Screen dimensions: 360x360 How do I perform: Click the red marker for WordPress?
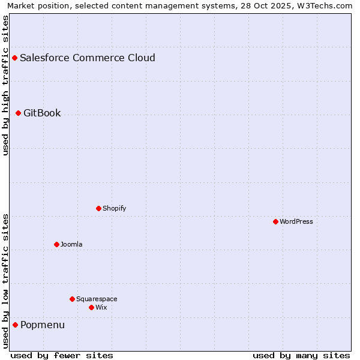point(275,221)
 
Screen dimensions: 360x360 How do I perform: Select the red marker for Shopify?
point(98,208)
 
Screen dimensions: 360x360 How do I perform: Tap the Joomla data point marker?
point(56,244)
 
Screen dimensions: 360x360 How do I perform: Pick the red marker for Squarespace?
point(72,299)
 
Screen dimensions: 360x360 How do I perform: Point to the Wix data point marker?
point(91,307)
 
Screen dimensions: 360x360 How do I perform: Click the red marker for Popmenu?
point(15,325)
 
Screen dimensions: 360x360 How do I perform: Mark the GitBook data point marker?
point(18,113)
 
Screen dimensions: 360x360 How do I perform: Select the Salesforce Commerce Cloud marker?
point(14,58)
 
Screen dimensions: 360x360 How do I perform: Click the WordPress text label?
point(296,221)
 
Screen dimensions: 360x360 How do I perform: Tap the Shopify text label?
point(114,208)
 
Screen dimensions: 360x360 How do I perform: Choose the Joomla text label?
point(71,244)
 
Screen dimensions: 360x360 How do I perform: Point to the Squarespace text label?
point(97,299)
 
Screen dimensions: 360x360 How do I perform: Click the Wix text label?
point(101,307)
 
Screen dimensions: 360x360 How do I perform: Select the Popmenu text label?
point(43,325)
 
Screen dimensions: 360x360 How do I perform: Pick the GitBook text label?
point(42,113)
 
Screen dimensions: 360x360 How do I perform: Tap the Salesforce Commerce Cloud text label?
point(88,58)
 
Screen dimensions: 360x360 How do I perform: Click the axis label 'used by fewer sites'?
point(62,355)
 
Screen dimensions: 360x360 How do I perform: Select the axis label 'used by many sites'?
point(301,355)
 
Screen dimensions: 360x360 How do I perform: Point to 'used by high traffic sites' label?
point(5,85)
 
